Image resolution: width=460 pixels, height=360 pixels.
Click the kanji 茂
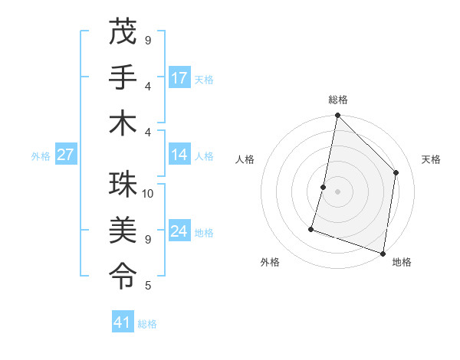coord(123,33)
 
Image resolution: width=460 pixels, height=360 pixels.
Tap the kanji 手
coord(123,77)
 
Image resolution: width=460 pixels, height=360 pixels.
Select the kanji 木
coord(123,123)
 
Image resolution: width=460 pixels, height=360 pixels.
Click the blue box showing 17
coord(179,78)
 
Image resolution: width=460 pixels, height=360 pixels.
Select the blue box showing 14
coord(179,155)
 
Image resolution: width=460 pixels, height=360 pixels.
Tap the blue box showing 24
coord(179,231)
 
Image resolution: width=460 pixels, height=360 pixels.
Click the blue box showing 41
coord(123,322)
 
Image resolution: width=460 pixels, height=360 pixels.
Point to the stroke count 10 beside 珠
coord(148,194)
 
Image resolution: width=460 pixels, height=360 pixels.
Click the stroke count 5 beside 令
coord(148,286)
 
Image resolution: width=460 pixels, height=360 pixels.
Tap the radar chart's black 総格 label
coord(337,100)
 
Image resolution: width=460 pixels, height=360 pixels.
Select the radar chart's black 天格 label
coord(432,159)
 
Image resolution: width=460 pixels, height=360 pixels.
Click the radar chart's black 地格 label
coord(401,262)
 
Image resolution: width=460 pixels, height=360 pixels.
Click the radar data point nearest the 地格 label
coord(382,253)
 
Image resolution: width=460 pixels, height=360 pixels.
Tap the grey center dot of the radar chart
coord(337,191)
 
